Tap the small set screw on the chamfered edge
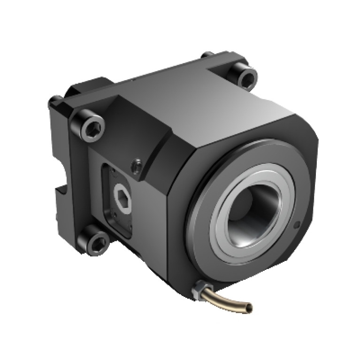coord(137,164)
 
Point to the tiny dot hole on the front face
coord(296,225)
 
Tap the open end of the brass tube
coord(249,308)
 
